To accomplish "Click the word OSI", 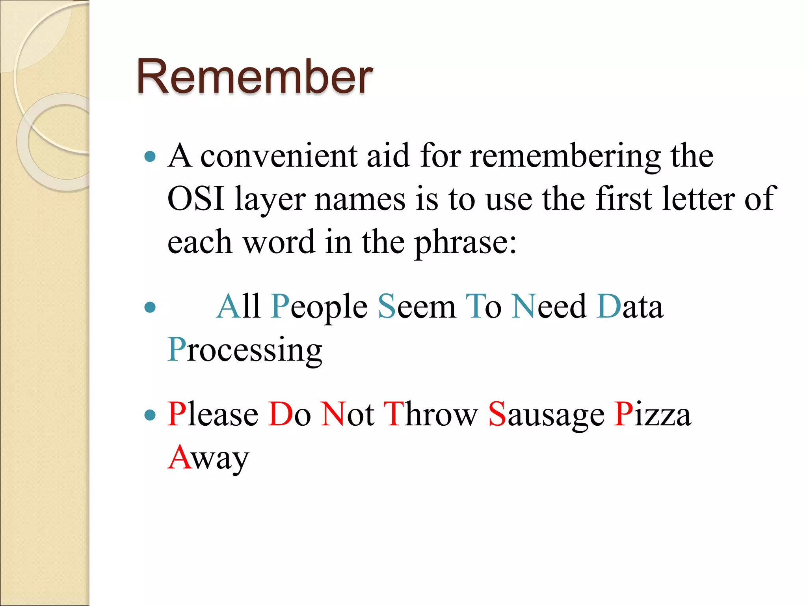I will click(196, 198).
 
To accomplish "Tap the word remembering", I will click(565, 156).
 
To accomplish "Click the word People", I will click(319, 307).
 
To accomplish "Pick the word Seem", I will click(417, 307).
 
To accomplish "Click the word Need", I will click(549, 307).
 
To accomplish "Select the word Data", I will click(630, 307).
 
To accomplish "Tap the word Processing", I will click(245, 350).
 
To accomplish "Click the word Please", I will click(213, 414).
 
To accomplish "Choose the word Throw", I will click(430, 414).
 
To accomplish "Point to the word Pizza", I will click(653, 414).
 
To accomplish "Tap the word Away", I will click(208, 458).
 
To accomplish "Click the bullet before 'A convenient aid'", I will click(150, 157).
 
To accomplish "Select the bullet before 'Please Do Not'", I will click(150, 415).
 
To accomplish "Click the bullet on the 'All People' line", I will click(150, 307).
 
